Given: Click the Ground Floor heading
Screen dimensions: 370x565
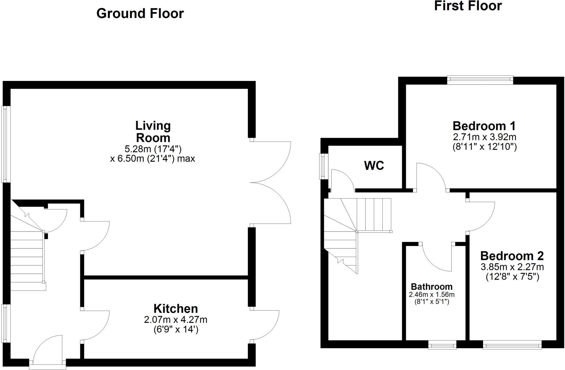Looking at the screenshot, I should pos(140,14).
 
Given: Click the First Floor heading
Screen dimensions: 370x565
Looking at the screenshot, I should pos(468,6).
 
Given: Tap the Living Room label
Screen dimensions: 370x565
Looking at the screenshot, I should pos(153,132).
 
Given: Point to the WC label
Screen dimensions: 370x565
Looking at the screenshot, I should pos(374,166).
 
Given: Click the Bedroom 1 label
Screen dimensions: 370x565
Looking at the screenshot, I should pos(484,126).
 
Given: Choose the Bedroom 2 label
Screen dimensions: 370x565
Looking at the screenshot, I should pos(512,256).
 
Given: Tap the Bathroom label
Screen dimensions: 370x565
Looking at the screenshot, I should pos(431,287).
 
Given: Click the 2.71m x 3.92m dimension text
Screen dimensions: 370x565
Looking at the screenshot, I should pos(484,137).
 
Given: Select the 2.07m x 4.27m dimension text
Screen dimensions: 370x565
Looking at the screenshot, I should pos(175,320).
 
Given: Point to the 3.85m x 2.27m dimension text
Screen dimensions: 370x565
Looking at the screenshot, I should pos(512,267).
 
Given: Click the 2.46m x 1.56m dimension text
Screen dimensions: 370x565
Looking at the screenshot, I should pos(431,295).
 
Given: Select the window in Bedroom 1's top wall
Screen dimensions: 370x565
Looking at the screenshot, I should pos(480,80).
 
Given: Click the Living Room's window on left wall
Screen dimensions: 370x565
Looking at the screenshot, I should pos(6,144).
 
